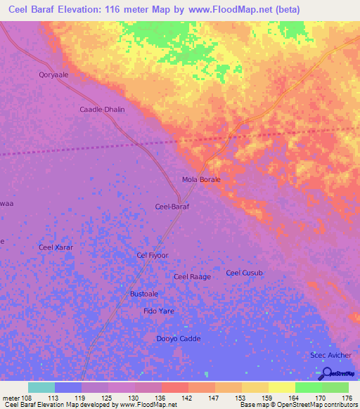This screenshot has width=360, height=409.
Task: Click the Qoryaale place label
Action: click(53, 74)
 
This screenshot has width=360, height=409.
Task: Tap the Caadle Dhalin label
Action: click(102, 110)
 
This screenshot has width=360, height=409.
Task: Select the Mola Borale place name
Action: click(201, 180)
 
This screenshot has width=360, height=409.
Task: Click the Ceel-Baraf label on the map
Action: click(172, 207)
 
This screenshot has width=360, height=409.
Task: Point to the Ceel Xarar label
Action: click(56, 247)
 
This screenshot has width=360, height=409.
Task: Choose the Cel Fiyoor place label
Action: click(153, 256)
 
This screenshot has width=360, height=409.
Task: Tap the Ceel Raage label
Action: click(192, 277)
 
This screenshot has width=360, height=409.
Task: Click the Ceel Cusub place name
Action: click(244, 273)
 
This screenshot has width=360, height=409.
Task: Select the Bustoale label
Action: click(144, 294)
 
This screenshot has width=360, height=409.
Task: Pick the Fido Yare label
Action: click(158, 311)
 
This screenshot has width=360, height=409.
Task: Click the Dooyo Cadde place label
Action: click(178, 339)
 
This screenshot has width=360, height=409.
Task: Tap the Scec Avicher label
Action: click(330, 356)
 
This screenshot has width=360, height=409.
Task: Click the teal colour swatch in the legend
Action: click(41, 387)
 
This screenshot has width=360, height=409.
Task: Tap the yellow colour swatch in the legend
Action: click(281, 387)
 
